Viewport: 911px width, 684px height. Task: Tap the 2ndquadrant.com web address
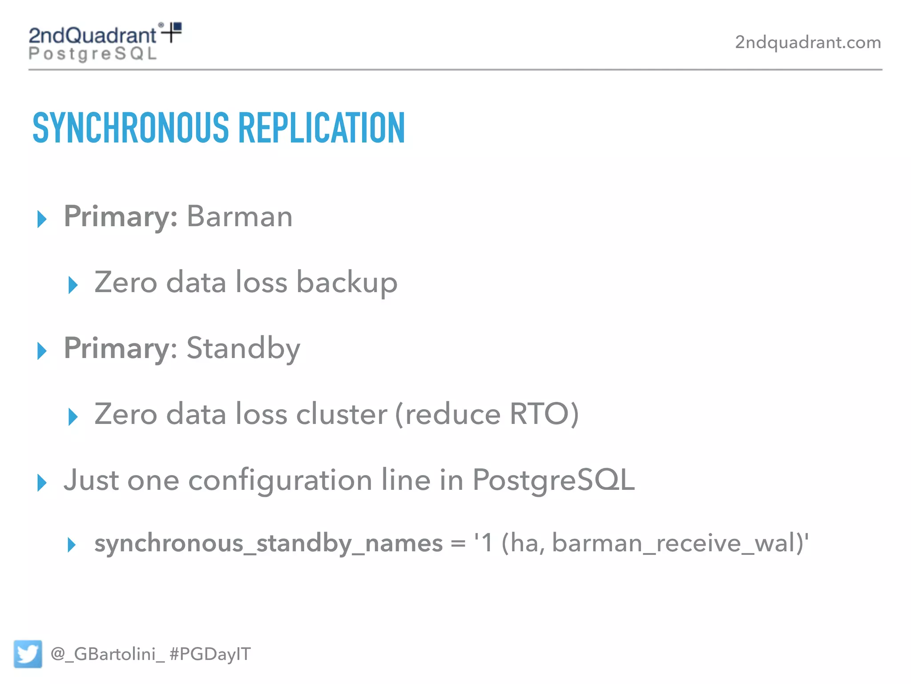coord(807,42)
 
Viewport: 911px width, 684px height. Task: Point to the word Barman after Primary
coord(239,216)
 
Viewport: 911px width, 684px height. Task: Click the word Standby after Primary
coord(243,348)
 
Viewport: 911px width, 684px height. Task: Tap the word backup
coord(347,282)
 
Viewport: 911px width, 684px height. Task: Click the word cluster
coord(341,414)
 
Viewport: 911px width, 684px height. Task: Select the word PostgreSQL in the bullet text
coord(553,480)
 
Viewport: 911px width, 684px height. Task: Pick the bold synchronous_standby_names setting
coord(268,544)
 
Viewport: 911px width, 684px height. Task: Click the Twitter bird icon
coord(28,654)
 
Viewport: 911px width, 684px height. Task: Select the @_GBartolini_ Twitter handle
coord(107,654)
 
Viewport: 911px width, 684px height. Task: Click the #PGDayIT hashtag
coord(210,654)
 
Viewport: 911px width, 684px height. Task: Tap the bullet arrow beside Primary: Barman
coord(42,219)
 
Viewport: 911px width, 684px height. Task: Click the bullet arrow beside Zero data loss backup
coord(73,285)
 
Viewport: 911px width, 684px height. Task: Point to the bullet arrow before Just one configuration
coord(42,483)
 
